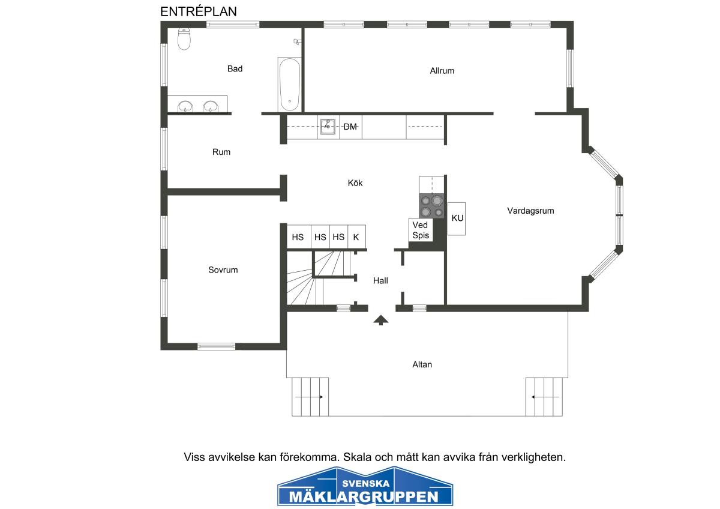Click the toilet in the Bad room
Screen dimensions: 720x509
pyautogui.click(x=184, y=38)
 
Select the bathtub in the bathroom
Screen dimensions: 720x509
pyautogui.click(x=290, y=85)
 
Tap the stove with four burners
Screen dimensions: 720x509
pyautogui.click(x=431, y=206)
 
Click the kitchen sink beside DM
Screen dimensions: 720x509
pyautogui.click(x=328, y=127)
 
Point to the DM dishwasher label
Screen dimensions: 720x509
pyautogui.click(x=350, y=127)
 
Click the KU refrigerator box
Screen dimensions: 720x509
pyautogui.click(x=457, y=218)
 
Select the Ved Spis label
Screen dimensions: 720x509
pyautogui.click(x=421, y=230)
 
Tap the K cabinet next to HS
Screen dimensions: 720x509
pyautogui.click(x=356, y=236)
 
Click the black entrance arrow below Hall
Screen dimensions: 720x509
pyautogui.click(x=381, y=321)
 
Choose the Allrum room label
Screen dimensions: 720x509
pyautogui.click(x=442, y=71)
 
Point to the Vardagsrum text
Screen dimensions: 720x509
pyautogui.click(x=530, y=211)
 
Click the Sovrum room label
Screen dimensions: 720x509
pyautogui.click(x=223, y=270)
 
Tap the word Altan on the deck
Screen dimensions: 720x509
pyautogui.click(x=422, y=364)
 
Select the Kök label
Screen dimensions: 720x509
pyautogui.click(x=355, y=183)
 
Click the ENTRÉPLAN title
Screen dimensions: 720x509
pyautogui.click(x=199, y=11)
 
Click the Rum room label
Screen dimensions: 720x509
pyautogui.click(x=221, y=152)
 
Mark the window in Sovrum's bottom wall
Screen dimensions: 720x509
pyautogui.click(x=216, y=346)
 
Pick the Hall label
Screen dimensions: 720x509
pyautogui.click(x=380, y=281)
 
